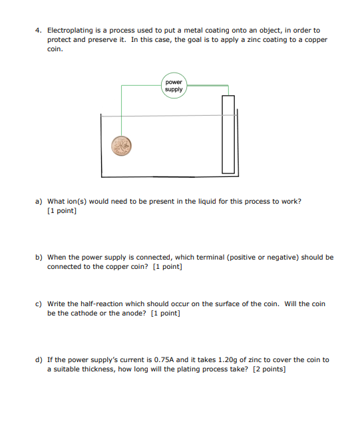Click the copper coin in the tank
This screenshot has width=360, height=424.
121,146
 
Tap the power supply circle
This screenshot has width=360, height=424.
174,86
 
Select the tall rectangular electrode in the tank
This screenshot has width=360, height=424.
228,134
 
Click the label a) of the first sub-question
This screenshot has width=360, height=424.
39,201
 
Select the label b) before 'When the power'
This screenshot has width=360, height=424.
39,257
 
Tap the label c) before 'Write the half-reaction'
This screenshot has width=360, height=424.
39,304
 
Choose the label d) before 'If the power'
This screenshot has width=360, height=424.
39,359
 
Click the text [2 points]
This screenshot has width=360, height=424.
269,369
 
